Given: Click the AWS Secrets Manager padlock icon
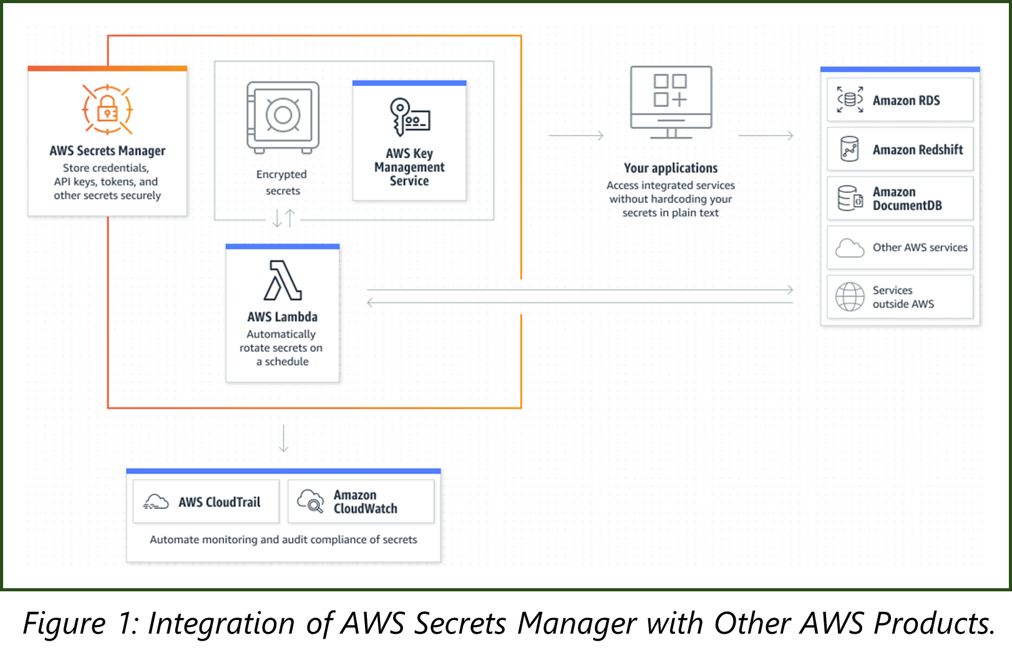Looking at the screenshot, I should [107, 110].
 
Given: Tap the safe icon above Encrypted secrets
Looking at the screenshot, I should [283, 117].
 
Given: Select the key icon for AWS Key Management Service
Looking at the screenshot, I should [409, 117].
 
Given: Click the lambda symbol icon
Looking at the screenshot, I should [283, 280].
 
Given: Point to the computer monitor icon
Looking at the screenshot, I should [671, 102].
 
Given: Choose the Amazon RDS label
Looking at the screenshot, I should [906, 101].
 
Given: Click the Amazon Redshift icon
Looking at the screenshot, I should [849, 149].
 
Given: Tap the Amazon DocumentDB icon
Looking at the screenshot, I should [849, 199].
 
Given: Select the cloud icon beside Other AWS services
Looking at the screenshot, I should [849, 248].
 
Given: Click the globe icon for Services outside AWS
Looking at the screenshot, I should [849, 297].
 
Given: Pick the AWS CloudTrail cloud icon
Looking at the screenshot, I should [156, 501].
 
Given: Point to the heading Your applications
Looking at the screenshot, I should [671, 168].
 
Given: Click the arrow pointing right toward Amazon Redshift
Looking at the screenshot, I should [766, 135].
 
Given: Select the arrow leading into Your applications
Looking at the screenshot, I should [576, 135].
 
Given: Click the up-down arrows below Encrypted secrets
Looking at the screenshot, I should [283, 218].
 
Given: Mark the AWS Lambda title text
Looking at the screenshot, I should [283, 317].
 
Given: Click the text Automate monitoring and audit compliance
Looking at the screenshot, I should [283, 539].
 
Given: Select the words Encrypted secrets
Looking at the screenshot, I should [282, 182].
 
